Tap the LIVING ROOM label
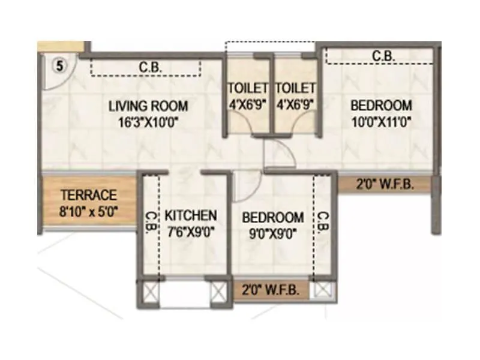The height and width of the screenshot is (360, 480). point(148,106)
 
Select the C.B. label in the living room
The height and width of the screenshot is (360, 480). point(148,68)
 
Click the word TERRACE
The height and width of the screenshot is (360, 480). point(88,196)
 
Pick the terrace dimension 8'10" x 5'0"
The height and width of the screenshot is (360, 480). point(88,211)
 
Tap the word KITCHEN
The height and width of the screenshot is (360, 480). point(191,215)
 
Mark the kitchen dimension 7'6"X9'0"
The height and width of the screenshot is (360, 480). point(191,230)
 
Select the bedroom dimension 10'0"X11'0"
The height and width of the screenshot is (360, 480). point(381,121)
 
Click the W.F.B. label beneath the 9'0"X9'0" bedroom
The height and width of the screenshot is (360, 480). point(272,290)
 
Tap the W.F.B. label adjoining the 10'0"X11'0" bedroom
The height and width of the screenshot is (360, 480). point(386,185)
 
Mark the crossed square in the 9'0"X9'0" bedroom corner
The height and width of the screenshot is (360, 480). point(323,290)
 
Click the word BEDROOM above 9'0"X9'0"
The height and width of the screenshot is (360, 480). point(272,217)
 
